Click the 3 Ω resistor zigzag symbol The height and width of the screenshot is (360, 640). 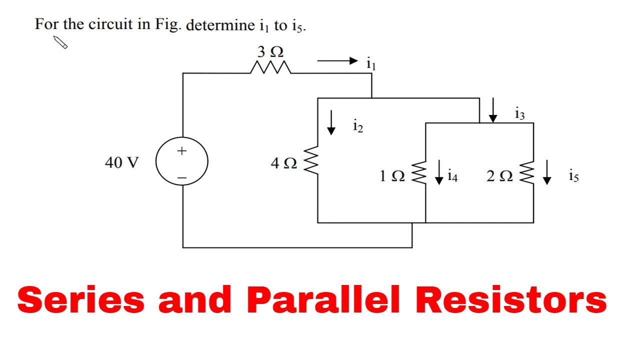[270, 68]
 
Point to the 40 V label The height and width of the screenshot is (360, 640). [121, 162]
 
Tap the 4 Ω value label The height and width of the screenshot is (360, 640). [283, 163]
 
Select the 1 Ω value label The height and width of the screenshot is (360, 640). [391, 176]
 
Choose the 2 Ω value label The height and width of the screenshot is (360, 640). [499, 176]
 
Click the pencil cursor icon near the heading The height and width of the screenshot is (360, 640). [60, 42]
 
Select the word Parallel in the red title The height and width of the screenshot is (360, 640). [323, 300]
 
